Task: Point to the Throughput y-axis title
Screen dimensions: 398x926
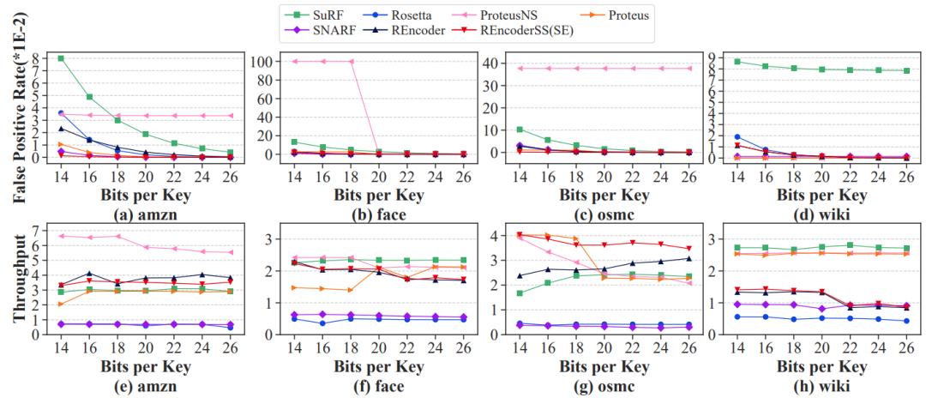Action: click(x=18, y=282)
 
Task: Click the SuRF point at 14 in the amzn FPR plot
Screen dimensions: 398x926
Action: click(x=60, y=58)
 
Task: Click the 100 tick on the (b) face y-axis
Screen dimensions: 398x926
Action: click(x=268, y=61)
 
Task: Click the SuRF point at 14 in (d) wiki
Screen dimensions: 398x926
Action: click(x=737, y=62)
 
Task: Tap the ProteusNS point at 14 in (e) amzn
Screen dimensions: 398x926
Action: click(x=60, y=236)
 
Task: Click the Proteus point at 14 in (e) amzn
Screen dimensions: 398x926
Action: click(x=60, y=304)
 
